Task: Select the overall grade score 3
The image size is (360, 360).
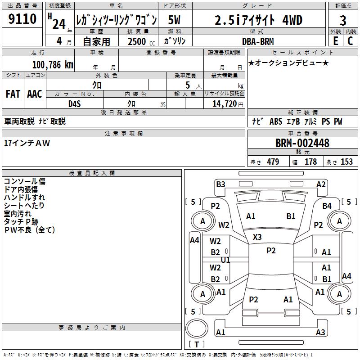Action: point(343,20)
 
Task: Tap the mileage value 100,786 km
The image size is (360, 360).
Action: point(53,65)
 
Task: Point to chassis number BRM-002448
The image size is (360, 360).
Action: point(302,144)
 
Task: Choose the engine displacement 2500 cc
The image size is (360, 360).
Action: point(138,41)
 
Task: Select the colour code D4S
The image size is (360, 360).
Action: point(75,103)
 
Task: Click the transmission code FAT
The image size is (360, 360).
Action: point(13,94)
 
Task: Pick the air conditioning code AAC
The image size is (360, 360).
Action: point(35,94)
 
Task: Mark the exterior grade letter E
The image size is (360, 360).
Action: point(335,41)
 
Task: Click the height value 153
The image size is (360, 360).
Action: point(346,162)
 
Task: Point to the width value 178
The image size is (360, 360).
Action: point(311,162)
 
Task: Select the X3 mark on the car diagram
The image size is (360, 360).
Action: point(257,237)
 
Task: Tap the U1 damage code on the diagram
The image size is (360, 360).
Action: point(225,260)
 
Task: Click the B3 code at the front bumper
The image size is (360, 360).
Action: point(220,184)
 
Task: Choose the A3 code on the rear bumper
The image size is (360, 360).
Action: point(320,333)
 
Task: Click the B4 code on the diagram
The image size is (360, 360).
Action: point(327,206)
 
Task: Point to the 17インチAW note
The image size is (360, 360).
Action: point(27,143)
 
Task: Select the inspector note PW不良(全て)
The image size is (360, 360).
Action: point(29,230)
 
